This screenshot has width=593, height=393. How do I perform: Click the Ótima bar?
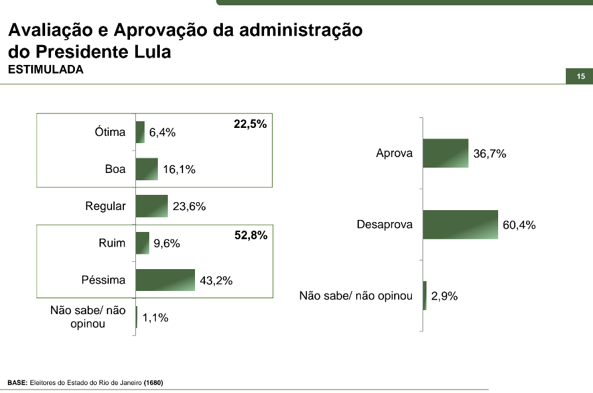140,132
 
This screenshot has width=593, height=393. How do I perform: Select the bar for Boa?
147,169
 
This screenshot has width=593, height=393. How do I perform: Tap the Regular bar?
152,206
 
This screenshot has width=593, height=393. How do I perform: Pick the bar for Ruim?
143,243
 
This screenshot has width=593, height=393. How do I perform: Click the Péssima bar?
165,280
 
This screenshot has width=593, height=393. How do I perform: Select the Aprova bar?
445,153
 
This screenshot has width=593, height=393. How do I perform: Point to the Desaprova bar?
460,225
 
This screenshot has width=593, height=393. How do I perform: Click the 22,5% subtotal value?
250,124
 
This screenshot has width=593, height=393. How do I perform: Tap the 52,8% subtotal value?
251,235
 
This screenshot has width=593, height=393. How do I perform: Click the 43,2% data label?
216,280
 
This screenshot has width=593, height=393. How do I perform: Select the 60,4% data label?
519,225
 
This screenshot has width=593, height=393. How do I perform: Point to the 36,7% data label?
490,154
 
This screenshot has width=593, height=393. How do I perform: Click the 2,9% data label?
444,296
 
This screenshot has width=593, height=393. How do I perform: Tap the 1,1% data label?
155,317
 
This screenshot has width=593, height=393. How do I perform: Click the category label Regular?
105,206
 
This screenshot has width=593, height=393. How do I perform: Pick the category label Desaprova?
385,225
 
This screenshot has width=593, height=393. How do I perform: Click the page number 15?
580,77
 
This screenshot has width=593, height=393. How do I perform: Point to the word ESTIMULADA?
46,70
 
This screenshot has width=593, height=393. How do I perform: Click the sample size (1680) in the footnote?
153,383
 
